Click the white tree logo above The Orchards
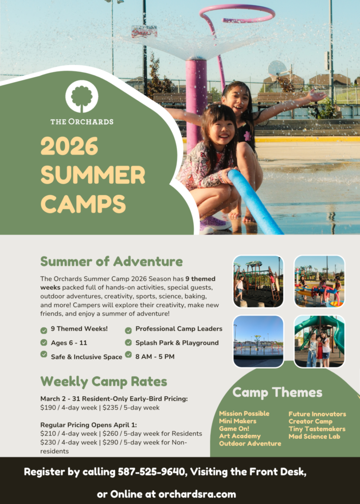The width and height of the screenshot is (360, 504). tap(82, 96)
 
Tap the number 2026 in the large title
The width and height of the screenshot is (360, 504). tap(69, 146)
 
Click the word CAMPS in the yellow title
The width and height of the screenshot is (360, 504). tap(83, 204)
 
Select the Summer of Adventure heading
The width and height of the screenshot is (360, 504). tap(112, 261)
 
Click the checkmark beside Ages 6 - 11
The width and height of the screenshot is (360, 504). tap(44, 343)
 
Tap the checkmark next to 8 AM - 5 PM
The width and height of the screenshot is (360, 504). tap(128, 355)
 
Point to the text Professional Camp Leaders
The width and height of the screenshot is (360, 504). tap(179, 329)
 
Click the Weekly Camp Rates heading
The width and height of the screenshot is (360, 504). tap(104, 381)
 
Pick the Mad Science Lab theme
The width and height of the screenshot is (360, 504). tap(314, 437)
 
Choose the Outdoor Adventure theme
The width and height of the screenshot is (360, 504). tap(250, 443)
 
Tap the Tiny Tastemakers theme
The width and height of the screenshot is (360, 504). tap(317, 429)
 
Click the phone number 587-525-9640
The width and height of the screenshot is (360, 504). tap(151, 472)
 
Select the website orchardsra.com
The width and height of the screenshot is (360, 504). tap(197, 494)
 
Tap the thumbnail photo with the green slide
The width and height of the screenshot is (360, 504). tap(319, 342)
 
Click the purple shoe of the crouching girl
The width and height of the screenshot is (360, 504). tap(215, 223)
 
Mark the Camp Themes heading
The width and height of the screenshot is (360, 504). tap(277, 392)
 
